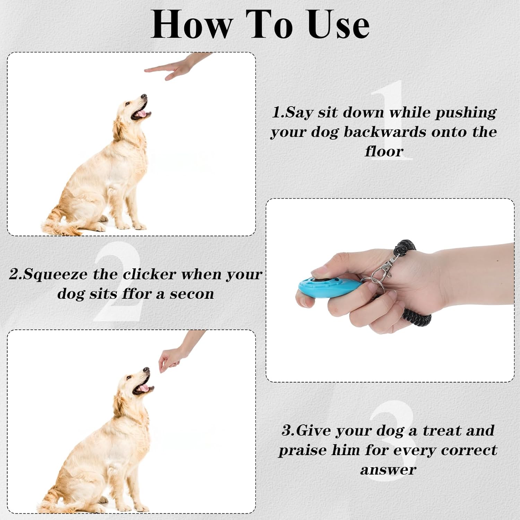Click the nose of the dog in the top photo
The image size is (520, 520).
[x=144, y=96]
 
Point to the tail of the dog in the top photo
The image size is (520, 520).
[x=62, y=224]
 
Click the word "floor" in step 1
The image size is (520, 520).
[x=384, y=151]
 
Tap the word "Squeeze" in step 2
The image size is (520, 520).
[x=55, y=275]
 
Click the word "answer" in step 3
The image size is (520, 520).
[x=388, y=470]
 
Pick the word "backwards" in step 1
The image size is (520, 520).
[x=385, y=132]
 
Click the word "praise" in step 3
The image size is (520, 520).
[x=303, y=451]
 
